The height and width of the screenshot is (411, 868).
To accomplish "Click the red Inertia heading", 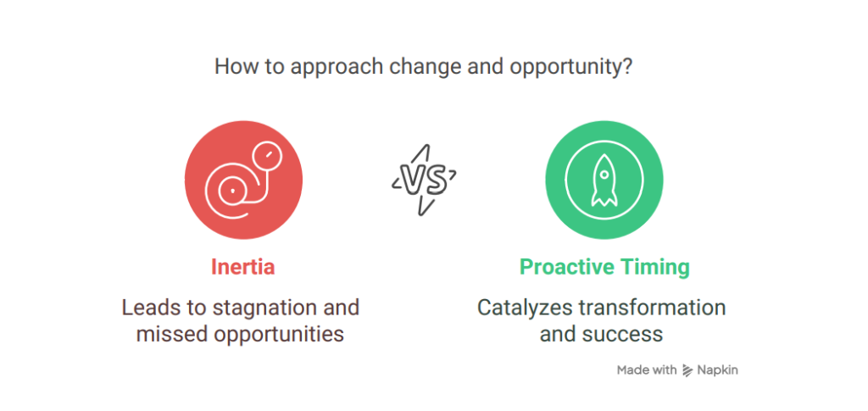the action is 242,267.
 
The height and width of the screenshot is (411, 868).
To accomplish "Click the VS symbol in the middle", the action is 424,181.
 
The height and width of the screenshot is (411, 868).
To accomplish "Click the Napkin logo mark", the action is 687,370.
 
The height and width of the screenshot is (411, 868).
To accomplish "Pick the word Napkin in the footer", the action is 717,370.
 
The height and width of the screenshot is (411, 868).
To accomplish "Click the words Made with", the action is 647,369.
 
